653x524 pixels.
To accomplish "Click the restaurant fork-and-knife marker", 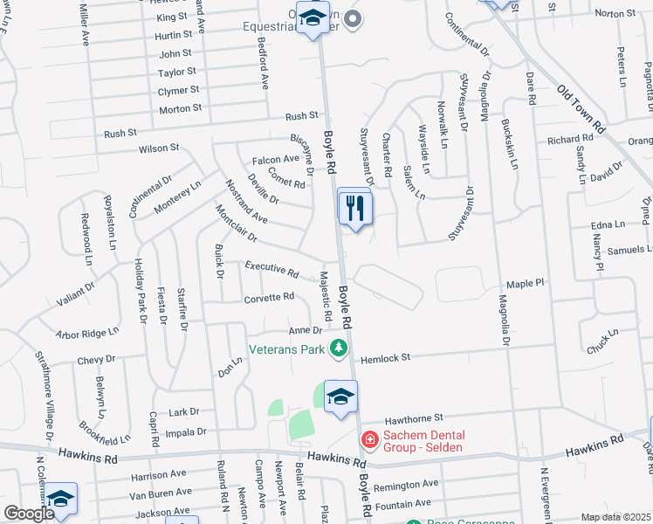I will coord(354,208).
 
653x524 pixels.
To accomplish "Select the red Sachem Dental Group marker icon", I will coord(369,438).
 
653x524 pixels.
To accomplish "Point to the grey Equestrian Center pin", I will coord(353,18).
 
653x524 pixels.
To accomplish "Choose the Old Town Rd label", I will coord(581,108).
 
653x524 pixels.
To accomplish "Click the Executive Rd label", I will coord(272,268).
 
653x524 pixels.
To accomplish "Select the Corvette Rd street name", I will coord(269,297).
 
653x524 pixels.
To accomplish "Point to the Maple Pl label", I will coord(525,284).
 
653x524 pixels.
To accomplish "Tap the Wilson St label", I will coord(159,148).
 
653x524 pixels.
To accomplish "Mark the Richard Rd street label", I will coord(570,140).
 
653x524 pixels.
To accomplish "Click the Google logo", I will coord(29,514).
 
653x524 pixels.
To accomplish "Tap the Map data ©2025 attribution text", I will coord(615,517).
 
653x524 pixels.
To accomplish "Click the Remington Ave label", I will coord(405,485).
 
